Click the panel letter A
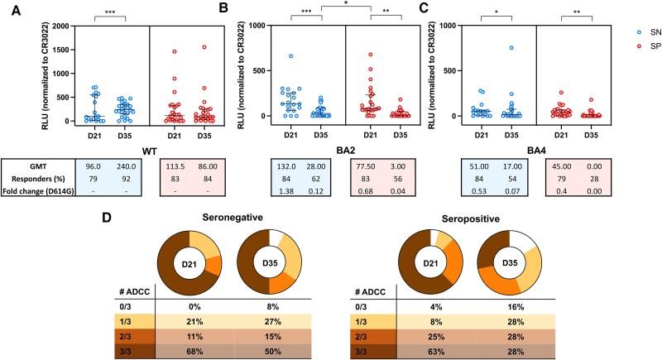click(10, 11)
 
